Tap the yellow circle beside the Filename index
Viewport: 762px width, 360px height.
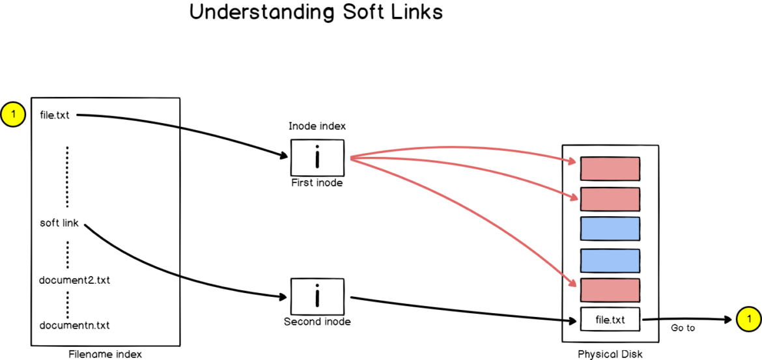click(x=12, y=116)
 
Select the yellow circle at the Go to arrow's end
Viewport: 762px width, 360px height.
click(x=748, y=319)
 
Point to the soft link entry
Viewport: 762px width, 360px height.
click(x=59, y=223)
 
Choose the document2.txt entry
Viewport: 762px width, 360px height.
click(x=75, y=281)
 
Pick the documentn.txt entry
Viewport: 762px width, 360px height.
click(x=75, y=325)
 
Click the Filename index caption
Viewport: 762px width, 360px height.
click(x=105, y=354)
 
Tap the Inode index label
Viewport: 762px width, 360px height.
click(x=317, y=126)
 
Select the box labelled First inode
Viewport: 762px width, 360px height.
click(x=317, y=158)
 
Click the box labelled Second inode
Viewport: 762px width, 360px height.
click(x=317, y=297)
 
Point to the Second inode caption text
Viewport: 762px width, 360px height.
click(x=317, y=322)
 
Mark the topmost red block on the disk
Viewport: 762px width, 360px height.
click(x=610, y=169)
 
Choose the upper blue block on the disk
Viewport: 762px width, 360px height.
click(x=610, y=228)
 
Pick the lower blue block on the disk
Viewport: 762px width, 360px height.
click(x=610, y=260)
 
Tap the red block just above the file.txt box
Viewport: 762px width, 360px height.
click(x=610, y=290)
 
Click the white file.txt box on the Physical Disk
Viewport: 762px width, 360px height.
click(x=610, y=320)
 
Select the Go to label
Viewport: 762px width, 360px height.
click(x=683, y=328)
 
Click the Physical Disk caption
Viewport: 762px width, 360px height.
click(x=610, y=354)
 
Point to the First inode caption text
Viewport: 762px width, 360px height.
click(x=317, y=183)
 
